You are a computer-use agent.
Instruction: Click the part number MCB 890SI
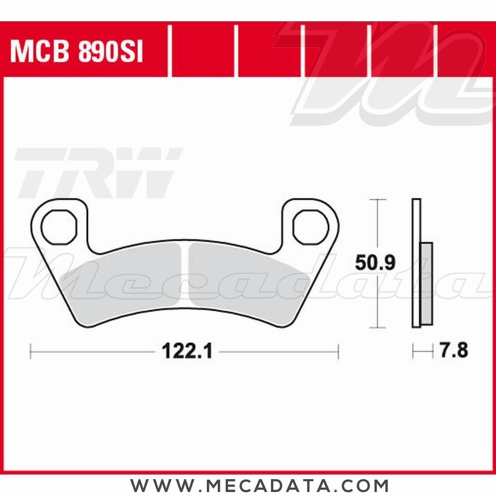77,51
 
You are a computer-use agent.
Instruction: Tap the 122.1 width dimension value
187,351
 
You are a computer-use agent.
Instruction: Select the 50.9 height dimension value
375,262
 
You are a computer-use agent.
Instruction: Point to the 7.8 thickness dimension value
454,351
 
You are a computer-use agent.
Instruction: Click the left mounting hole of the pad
59,227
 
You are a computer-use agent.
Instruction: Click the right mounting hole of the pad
311,227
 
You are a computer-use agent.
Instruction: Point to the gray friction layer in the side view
427,283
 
